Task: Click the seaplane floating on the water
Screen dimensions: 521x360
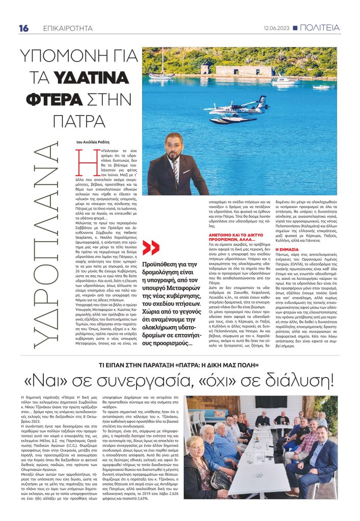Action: pyautogui.click(x=235, y=109)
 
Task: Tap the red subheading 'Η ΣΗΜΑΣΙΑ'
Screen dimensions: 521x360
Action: pyautogui.click(x=286, y=250)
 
